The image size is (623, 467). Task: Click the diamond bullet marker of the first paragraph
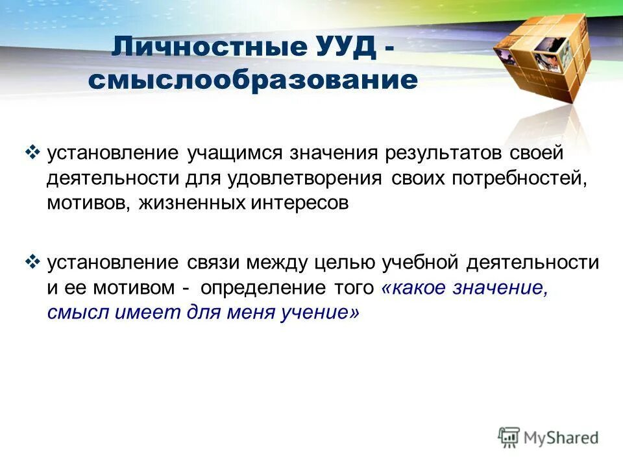point(32,153)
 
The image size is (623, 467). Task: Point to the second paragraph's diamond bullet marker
point(32,261)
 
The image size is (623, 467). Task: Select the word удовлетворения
point(305,178)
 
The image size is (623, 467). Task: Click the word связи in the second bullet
point(215,263)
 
